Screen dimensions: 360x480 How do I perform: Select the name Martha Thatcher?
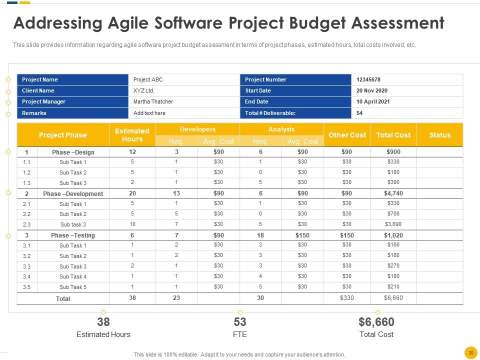(153, 101)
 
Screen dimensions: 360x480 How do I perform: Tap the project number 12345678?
(369, 79)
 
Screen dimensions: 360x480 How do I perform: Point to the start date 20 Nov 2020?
(372, 90)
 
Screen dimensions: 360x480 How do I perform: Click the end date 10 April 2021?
(373, 101)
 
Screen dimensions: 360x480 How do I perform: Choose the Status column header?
(439, 135)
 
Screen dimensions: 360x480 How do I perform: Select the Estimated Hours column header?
(132, 135)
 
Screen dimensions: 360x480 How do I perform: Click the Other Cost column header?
(346, 135)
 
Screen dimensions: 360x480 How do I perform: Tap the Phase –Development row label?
(73, 193)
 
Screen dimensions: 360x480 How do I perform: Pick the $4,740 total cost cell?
(393, 193)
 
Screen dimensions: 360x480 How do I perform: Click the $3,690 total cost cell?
(393, 224)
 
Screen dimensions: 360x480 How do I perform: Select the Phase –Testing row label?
(73, 235)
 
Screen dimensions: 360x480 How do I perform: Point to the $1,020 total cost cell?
(393, 235)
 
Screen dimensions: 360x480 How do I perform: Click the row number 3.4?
(27, 276)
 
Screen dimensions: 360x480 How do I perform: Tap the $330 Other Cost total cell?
(346, 298)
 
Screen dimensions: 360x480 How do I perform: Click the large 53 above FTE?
(240, 322)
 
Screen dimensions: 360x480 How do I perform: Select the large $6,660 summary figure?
(376, 322)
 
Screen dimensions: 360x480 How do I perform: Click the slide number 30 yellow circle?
(470, 352)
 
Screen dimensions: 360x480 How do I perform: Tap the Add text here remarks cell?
(149, 113)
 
